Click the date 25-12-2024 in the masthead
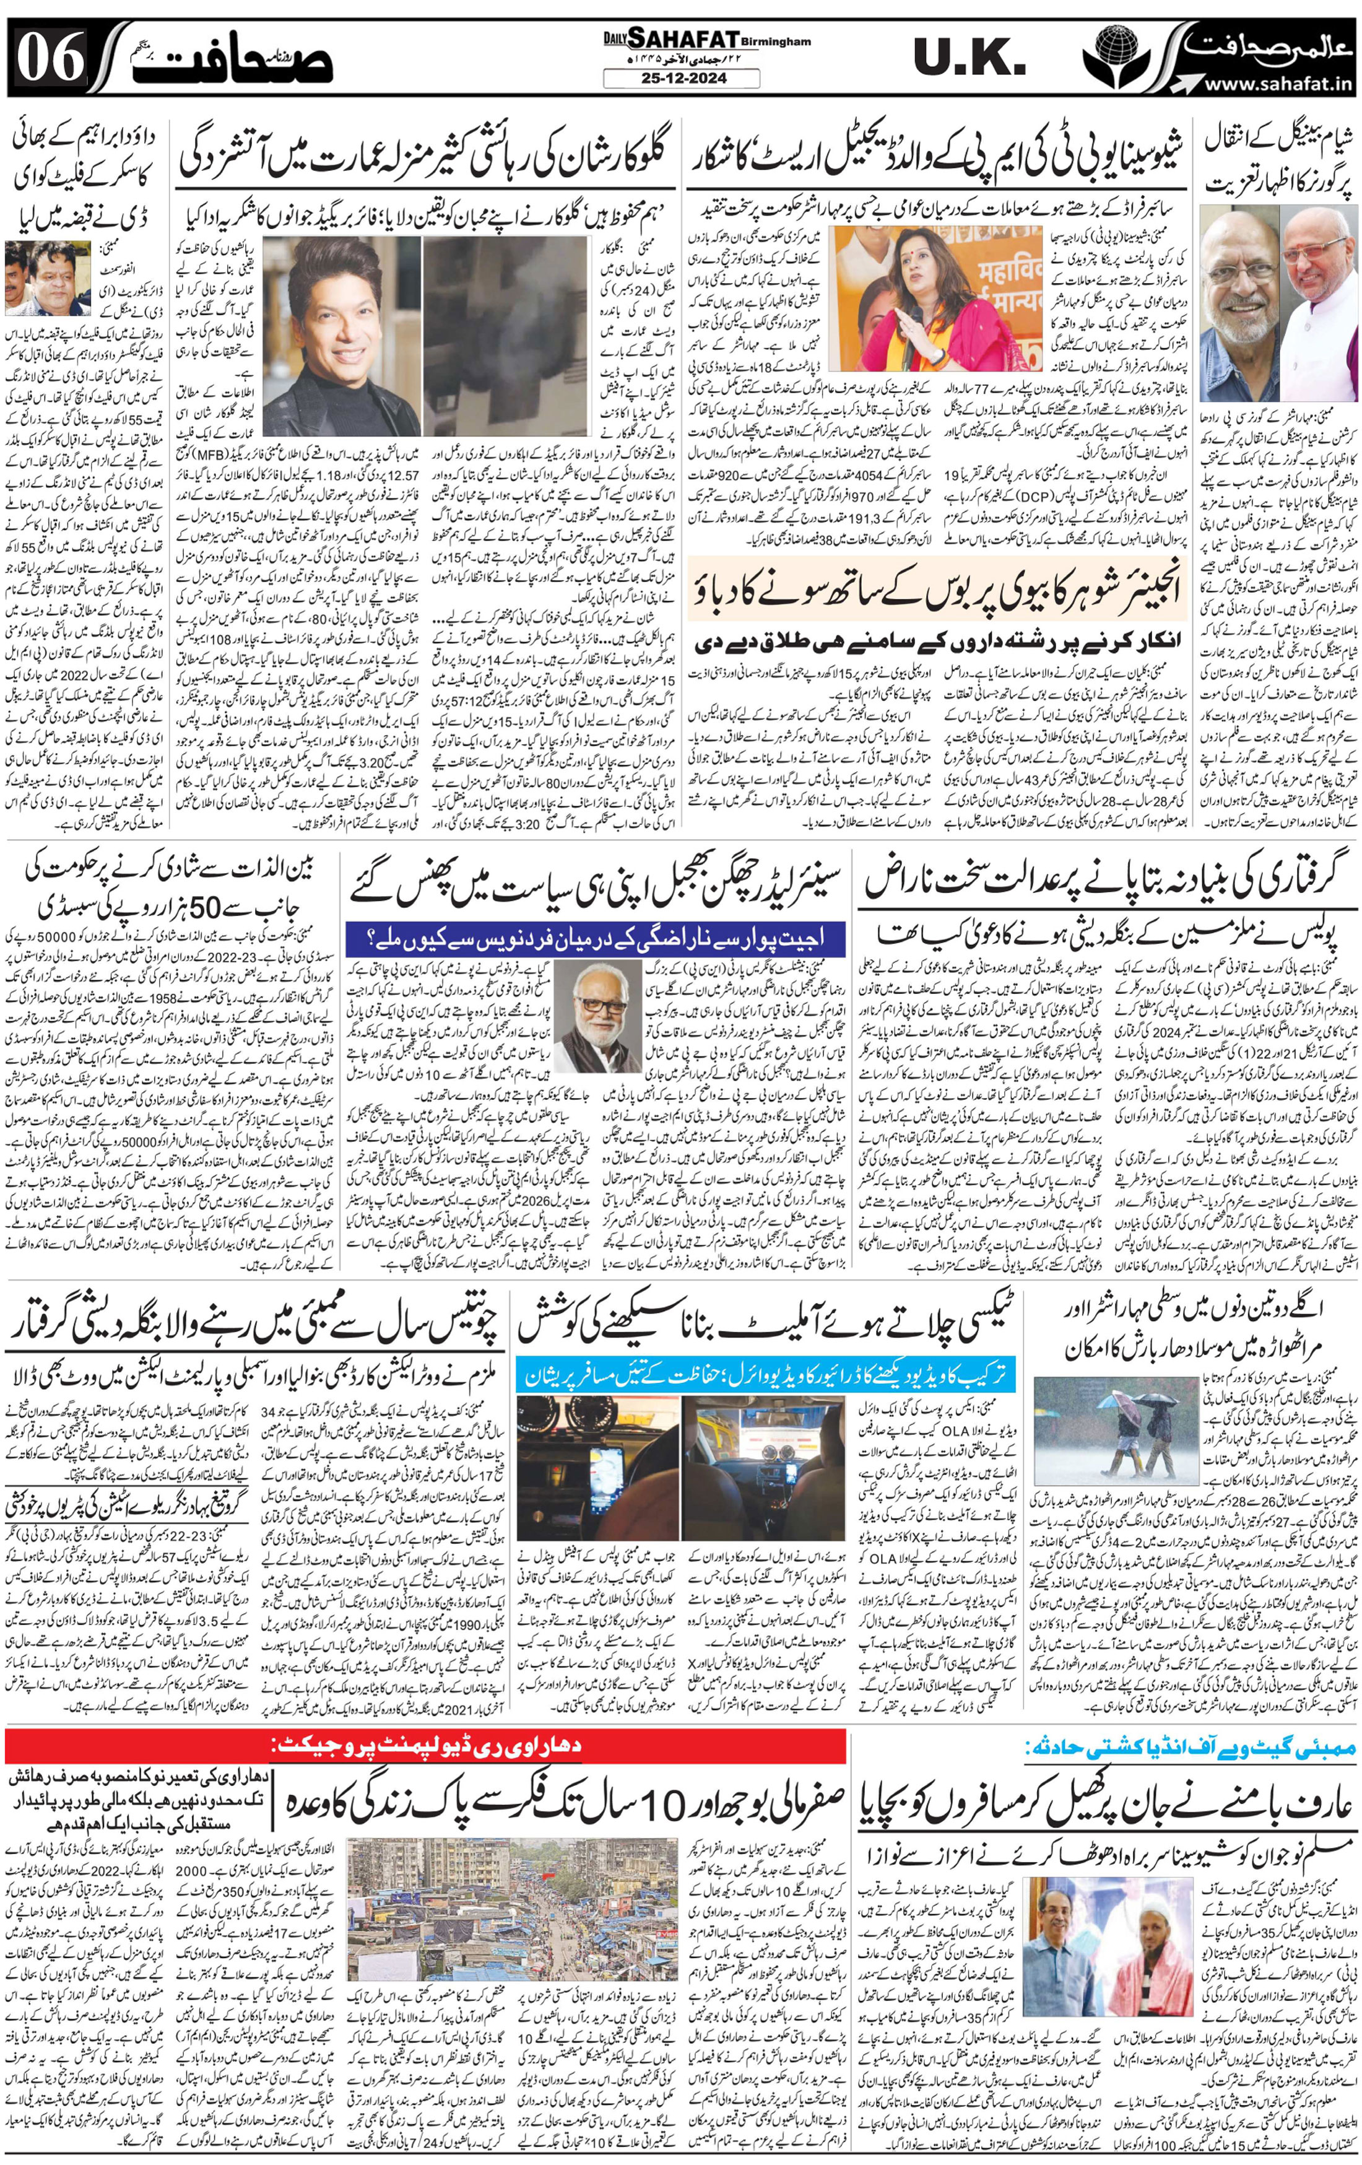[680, 78]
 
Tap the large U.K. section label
[969, 58]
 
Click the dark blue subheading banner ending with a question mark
[594, 938]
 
